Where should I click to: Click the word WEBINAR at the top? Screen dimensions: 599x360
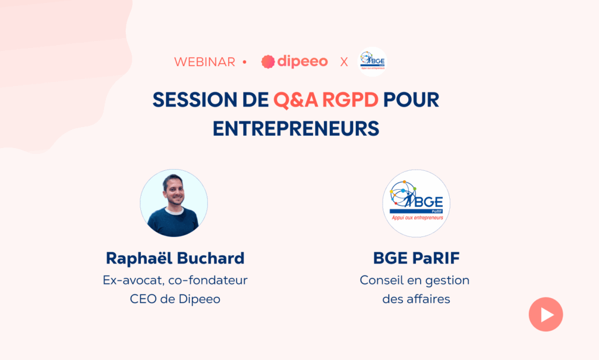pos(205,62)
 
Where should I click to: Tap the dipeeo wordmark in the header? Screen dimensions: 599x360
pos(302,61)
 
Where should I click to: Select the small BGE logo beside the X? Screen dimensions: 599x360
pos(373,61)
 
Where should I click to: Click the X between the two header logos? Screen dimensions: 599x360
pos(344,62)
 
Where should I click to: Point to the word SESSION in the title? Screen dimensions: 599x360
pos(195,100)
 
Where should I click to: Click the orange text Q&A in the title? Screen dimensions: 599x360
pos(295,100)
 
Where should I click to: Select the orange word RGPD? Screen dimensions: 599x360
pos(350,100)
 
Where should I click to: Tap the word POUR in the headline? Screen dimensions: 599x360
pos(411,100)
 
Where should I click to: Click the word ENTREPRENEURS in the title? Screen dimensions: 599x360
pos(296,128)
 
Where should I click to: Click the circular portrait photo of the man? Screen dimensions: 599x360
pos(174,203)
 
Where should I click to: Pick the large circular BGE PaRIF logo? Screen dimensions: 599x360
pos(416,203)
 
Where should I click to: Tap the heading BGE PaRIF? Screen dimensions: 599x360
pos(416,258)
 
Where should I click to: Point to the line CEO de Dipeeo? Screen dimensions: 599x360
pos(175,299)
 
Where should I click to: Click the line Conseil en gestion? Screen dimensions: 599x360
pos(415,281)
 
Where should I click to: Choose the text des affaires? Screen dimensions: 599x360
pos(416,299)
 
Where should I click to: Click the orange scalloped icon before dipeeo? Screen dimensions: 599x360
pos(268,61)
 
